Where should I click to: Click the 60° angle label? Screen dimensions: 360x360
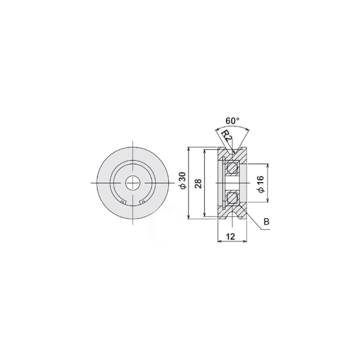232,120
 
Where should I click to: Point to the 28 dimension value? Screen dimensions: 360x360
198,183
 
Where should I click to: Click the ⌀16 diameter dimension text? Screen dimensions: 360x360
261,184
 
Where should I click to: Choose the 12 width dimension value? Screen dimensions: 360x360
230,236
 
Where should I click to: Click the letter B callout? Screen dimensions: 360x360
266,222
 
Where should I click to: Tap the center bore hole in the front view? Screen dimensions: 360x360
132,183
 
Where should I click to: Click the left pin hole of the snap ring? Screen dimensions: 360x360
123,202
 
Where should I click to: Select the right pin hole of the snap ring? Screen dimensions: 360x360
143,202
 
